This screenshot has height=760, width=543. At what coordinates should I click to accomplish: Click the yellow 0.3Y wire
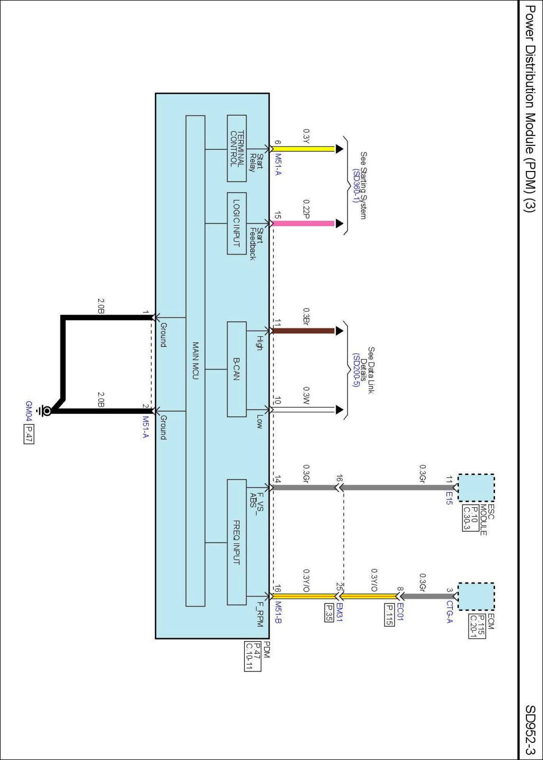click(x=304, y=149)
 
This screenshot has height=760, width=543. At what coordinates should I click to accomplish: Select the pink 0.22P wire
click(x=304, y=223)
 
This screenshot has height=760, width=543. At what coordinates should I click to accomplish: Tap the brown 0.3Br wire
click(x=304, y=331)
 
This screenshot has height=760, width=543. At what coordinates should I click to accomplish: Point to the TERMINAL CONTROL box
click(x=237, y=149)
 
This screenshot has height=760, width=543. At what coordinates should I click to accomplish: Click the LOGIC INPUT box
click(x=237, y=223)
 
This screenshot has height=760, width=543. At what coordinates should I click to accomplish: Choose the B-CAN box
click(x=237, y=369)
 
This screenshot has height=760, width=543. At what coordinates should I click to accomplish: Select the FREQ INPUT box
click(x=237, y=542)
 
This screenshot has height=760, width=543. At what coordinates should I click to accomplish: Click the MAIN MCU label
click(x=195, y=361)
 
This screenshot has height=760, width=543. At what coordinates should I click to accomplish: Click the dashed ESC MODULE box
click(x=476, y=488)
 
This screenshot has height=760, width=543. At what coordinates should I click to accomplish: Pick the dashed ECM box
click(x=476, y=597)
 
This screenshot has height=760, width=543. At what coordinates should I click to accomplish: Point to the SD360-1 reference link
click(x=356, y=186)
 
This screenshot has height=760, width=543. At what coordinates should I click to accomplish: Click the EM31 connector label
click(x=340, y=612)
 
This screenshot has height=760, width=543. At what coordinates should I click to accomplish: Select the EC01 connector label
click(x=400, y=612)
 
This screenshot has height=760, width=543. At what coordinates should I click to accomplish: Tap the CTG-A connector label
click(x=449, y=612)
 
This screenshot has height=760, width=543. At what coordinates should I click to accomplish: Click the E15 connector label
click(x=449, y=498)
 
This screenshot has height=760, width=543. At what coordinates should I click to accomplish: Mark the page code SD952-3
click(x=530, y=730)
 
